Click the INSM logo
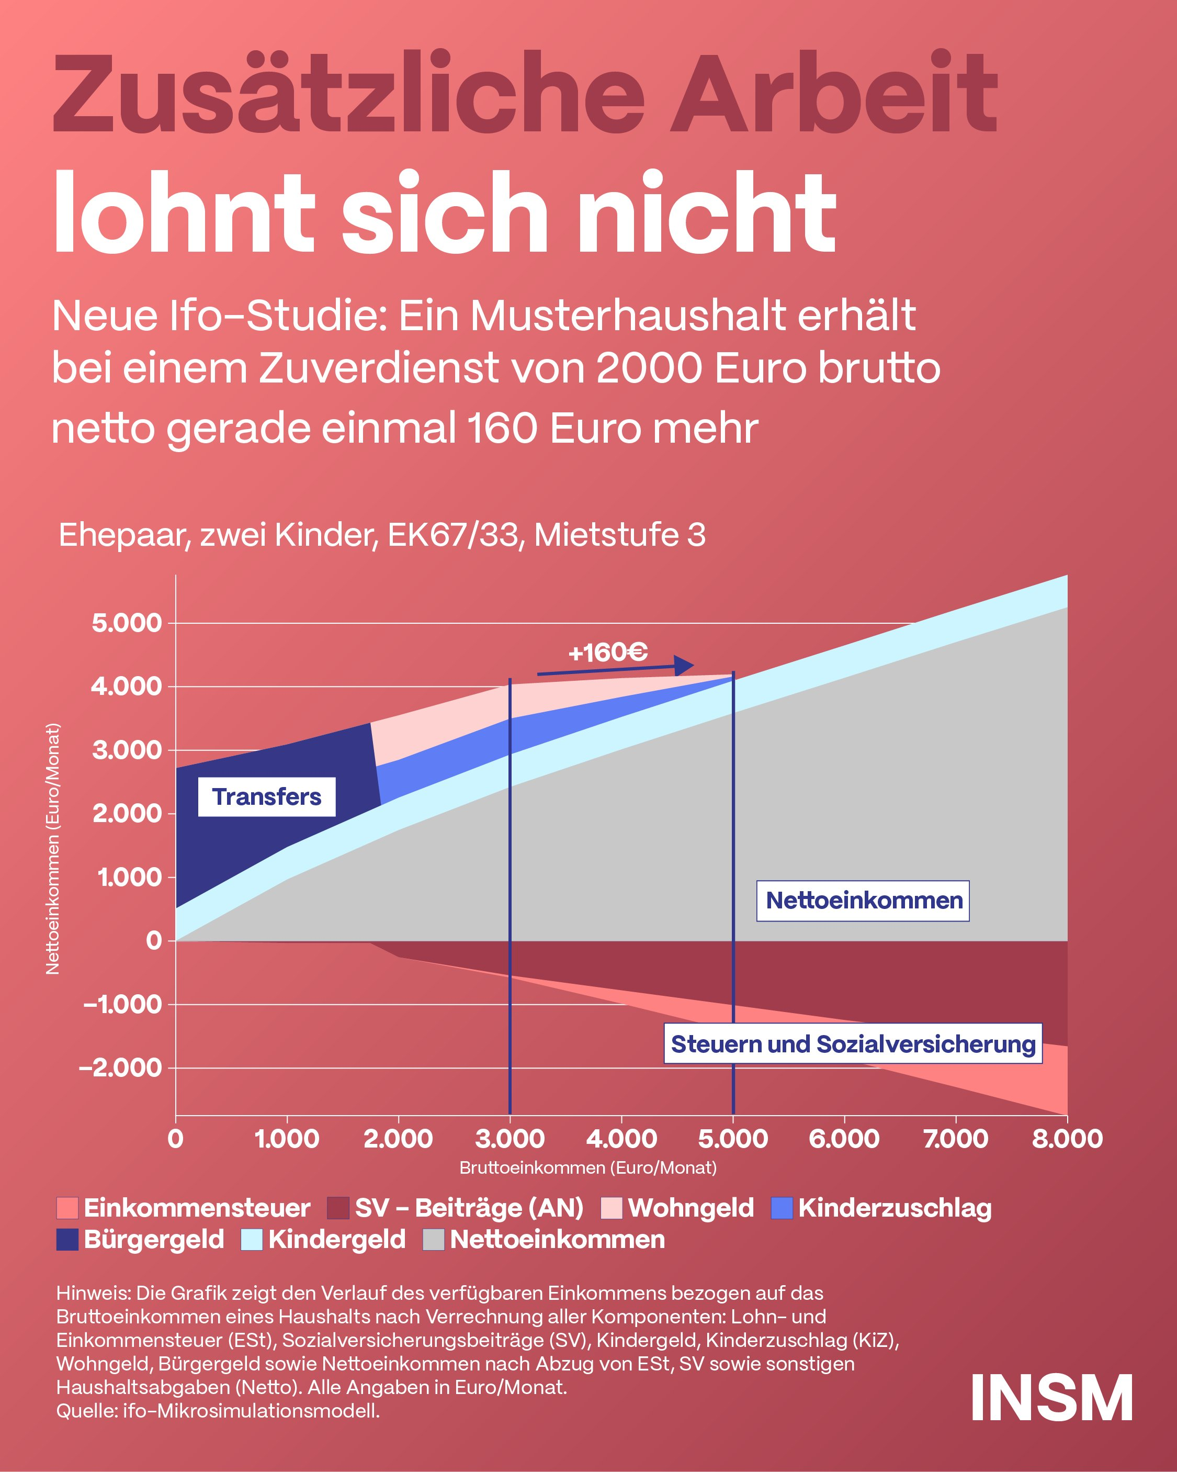click(x=1051, y=1398)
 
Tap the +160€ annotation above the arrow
click(x=608, y=653)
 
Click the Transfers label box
click(x=266, y=797)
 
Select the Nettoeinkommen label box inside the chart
click(x=863, y=901)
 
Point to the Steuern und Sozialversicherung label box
click(x=853, y=1043)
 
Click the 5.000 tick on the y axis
click(x=127, y=623)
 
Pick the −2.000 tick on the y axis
click(x=121, y=1068)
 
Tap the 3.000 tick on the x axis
click(x=510, y=1139)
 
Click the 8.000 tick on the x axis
click(x=1067, y=1139)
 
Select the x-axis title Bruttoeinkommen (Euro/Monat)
click(x=588, y=1167)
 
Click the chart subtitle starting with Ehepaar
click(x=382, y=535)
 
